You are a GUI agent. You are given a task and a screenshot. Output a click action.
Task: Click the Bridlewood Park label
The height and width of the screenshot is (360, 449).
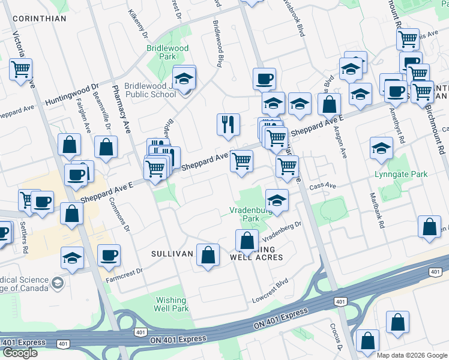[x=167, y=52]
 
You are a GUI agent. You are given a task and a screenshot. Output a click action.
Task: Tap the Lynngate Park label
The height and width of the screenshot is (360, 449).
[x=409, y=174]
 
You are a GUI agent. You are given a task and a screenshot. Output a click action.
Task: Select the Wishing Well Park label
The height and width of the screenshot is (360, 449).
[x=172, y=304]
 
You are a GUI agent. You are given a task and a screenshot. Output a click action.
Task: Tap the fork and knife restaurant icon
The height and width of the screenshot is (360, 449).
[x=228, y=125]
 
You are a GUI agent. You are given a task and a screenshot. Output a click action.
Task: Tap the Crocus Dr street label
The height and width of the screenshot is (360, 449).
[x=334, y=339]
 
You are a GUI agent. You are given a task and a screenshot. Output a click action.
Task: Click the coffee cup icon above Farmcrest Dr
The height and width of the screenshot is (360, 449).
[x=109, y=255]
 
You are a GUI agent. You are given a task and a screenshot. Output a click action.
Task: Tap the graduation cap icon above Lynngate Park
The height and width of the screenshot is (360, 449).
[x=381, y=148]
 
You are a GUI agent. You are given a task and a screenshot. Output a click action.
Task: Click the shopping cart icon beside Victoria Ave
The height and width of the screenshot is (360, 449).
[x=20, y=69]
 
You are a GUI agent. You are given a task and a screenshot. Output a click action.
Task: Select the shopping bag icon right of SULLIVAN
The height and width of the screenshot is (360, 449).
[x=208, y=254]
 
